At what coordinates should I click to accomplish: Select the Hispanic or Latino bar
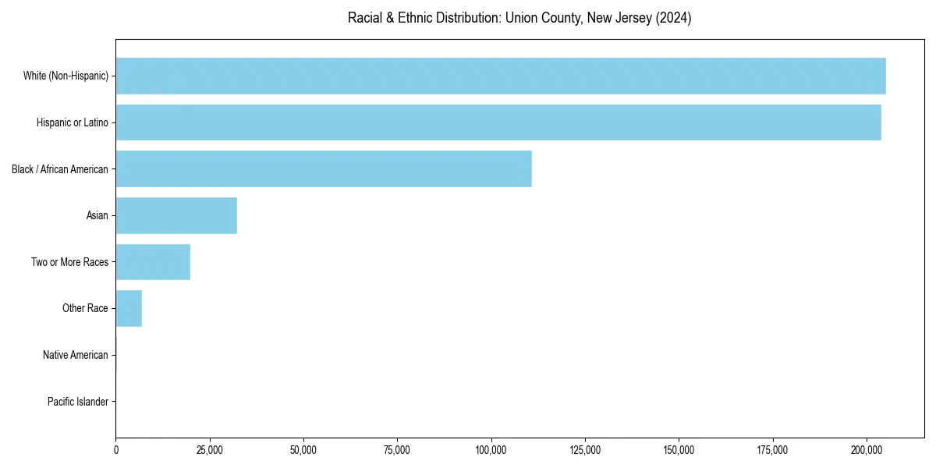coord(498,122)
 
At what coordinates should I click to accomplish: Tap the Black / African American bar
coord(324,169)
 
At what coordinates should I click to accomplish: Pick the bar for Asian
coord(176,215)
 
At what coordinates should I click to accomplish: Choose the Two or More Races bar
coord(153,262)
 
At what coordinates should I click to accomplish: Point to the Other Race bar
coord(129,309)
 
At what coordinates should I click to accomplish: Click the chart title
coord(519,18)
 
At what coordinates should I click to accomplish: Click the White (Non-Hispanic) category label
coord(66,76)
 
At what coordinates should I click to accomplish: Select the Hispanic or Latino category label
coord(73,122)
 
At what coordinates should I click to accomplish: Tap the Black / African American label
coord(60,169)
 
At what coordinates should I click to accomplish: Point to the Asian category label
coord(97,215)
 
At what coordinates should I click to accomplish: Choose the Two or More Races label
coord(70,262)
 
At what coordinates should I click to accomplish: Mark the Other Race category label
coord(86,309)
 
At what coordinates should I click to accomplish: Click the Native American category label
coord(76,356)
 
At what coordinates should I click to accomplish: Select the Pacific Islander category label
coord(78,402)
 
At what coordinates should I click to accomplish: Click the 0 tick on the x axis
coord(116,450)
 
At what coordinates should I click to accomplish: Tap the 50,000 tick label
coord(303,450)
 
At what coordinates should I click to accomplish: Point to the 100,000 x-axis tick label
coord(491,450)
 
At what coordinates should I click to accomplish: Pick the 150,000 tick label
coord(679,450)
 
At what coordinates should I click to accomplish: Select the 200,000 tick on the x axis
coord(867,450)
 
